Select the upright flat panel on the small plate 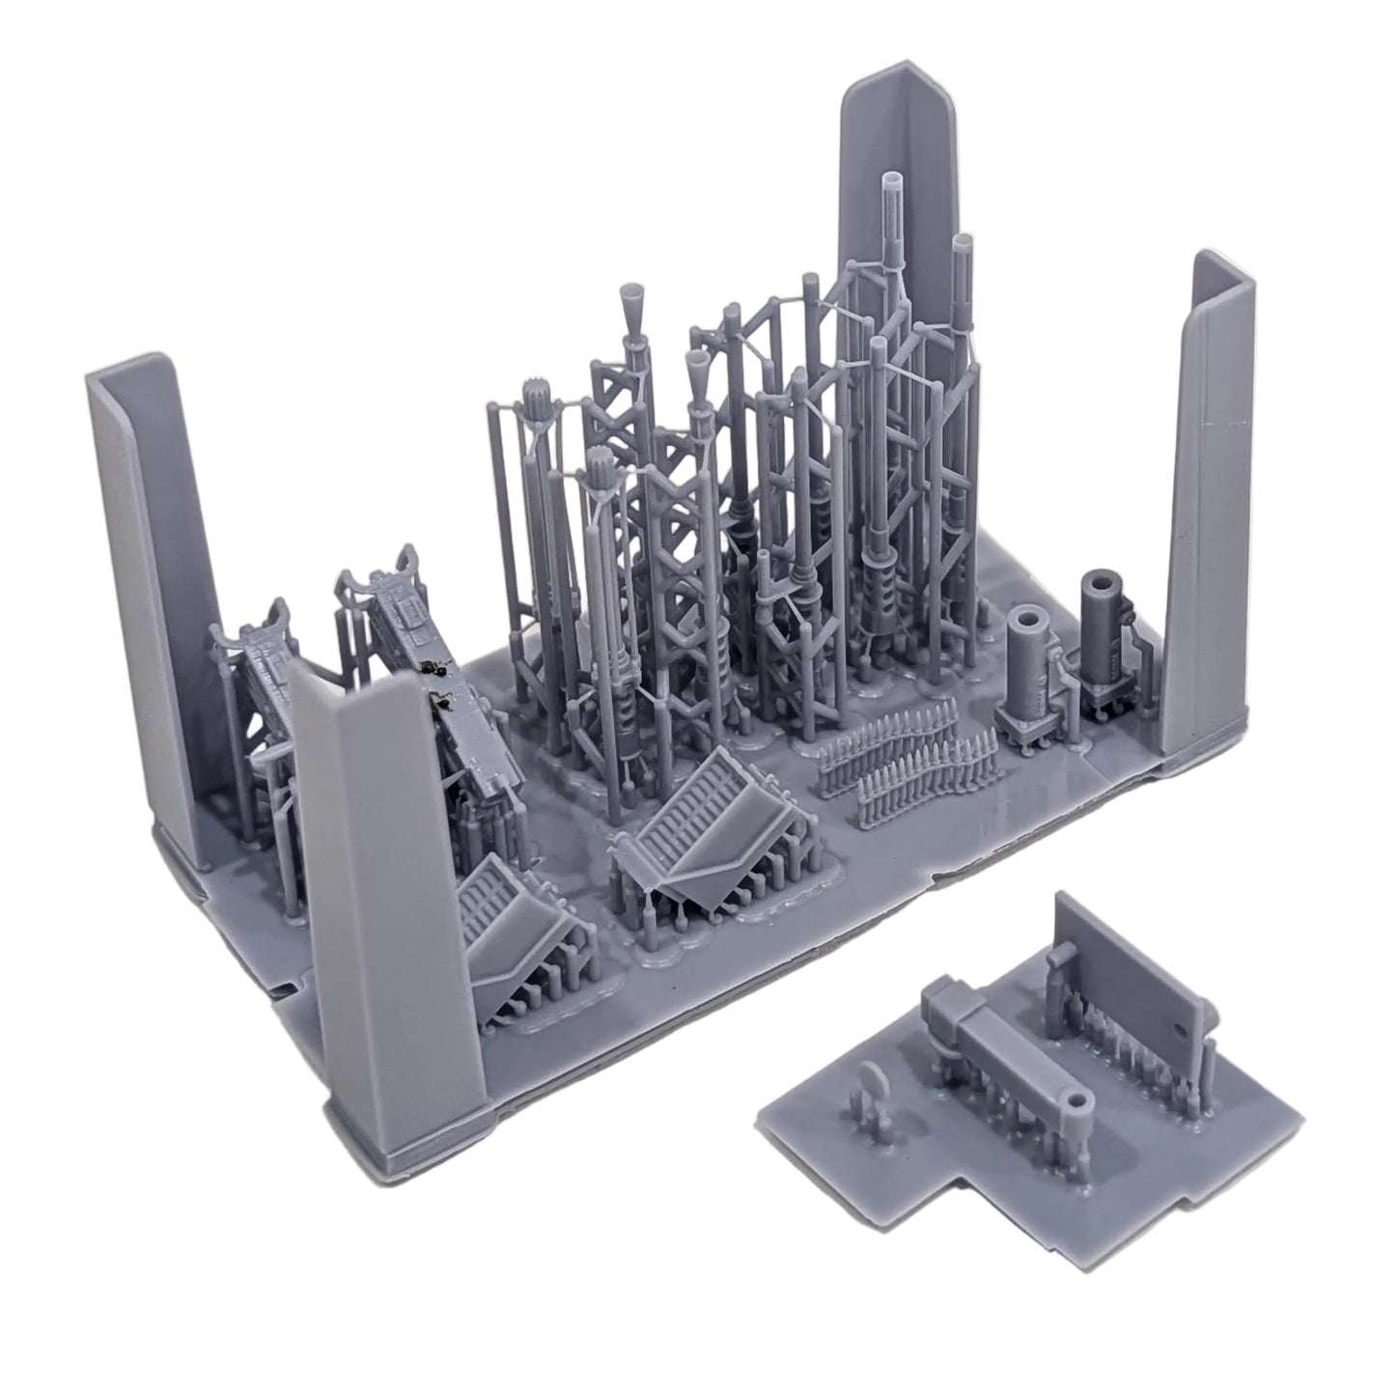1130,975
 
